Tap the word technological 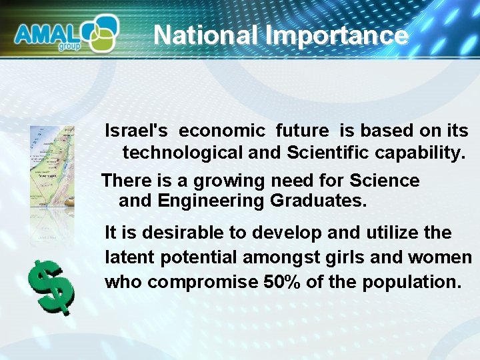click(183, 153)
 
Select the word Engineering click(213, 201)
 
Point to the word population click(411, 282)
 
